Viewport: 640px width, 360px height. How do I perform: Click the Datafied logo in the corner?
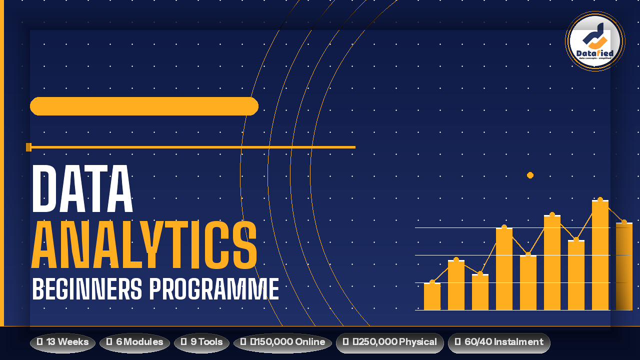(x=594, y=41)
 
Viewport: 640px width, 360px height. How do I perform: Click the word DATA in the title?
(x=82, y=189)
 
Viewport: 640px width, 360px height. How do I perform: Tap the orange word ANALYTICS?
(x=144, y=246)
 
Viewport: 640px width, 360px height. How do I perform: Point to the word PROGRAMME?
(x=214, y=289)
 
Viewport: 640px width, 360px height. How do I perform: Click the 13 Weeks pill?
(x=62, y=342)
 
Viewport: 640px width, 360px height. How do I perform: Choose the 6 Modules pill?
(x=134, y=342)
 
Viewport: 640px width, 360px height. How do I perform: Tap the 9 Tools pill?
(x=201, y=342)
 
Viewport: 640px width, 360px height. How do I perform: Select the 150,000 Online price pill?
(x=282, y=342)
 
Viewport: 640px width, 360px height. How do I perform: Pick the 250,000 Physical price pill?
(x=390, y=342)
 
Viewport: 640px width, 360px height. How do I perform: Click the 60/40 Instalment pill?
(x=499, y=342)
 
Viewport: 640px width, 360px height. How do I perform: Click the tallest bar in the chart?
(x=600, y=255)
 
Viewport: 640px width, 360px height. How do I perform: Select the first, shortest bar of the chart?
(x=432, y=296)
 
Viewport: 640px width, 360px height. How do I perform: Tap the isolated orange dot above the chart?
(x=530, y=175)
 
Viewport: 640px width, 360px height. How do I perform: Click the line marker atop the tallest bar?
(x=600, y=200)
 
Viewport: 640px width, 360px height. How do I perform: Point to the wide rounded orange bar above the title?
(x=144, y=106)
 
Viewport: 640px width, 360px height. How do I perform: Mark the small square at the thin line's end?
(x=28, y=147)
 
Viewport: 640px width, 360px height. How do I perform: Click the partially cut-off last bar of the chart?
(x=624, y=266)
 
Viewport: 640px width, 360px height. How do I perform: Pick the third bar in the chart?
(x=480, y=292)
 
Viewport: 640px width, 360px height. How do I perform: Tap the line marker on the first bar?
(x=432, y=282)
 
